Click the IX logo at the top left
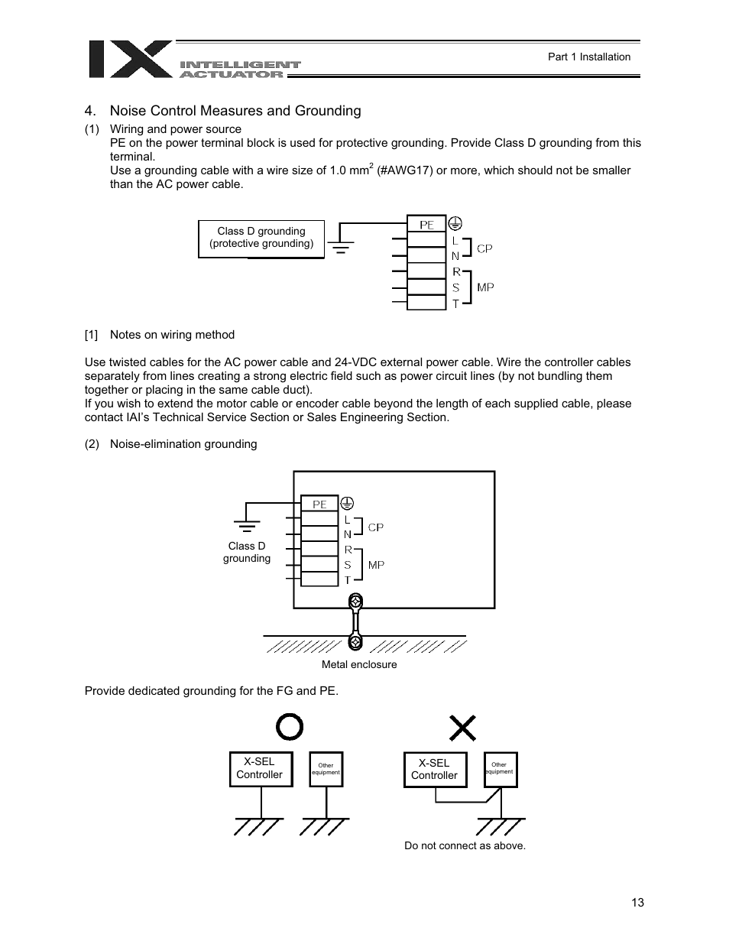[x=130, y=59]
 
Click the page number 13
[x=638, y=903]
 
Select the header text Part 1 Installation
[x=589, y=57]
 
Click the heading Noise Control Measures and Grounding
[x=235, y=111]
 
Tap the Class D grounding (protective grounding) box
[x=261, y=238]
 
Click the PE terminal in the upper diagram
[x=426, y=225]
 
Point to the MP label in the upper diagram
[x=485, y=287]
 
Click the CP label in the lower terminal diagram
[x=375, y=527]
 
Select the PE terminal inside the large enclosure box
[x=319, y=504]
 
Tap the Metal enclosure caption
[x=359, y=665]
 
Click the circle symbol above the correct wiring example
[x=290, y=728]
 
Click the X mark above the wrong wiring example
[x=462, y=728]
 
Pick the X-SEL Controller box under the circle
[x=259, y=769]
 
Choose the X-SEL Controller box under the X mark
[x=433, y=770]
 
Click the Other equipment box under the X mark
[x=500, y=769]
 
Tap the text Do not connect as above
[x=465, y=845]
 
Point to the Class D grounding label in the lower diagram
[x=247, y=552]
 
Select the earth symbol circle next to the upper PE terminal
[x=455, y=223]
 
